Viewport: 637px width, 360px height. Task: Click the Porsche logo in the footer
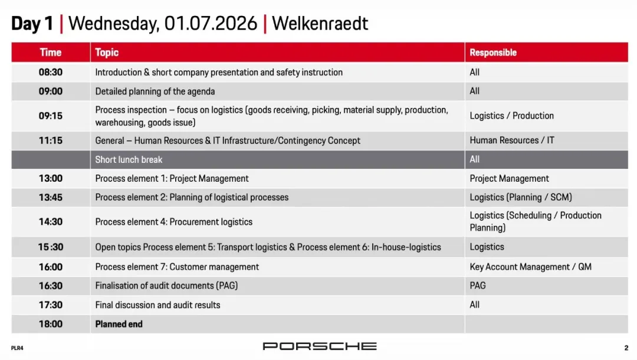tap(320, 346)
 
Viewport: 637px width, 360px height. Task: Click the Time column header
tap(50, 53)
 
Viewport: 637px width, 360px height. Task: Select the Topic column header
tap(107, 53)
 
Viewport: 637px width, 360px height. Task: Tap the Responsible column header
tap(493, 53)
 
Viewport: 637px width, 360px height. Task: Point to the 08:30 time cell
tap(50, 73)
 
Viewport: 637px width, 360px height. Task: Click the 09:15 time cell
tap(50, 116)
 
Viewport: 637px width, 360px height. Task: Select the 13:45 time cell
tap(50, 198)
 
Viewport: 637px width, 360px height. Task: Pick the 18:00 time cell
tap(50, 324)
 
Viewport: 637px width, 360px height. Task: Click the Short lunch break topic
tap(129, 160)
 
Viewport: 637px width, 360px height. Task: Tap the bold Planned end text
tap(119, 324)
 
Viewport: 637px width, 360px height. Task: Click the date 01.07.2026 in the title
tap(211, 23)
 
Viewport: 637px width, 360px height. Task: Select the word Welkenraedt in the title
tap(320, 23)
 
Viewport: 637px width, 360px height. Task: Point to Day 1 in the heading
tap(32, 23)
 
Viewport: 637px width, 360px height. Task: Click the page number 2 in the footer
tap(626, 348)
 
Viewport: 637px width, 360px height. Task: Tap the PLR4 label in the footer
tap(17, 348)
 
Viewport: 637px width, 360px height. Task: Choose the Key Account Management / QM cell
tap(531, 267)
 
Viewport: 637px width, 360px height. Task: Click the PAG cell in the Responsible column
tap(478, 286)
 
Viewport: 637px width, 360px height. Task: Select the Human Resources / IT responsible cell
tap(512, 140)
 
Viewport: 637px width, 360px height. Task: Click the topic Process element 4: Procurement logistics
tap(174, 222)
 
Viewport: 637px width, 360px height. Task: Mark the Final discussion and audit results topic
tap(157, 305)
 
